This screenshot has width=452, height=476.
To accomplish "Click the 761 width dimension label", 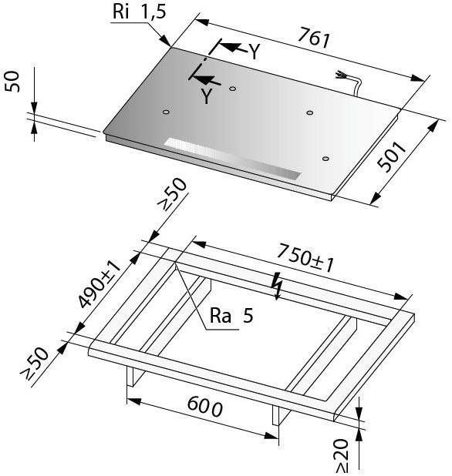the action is (314, 38).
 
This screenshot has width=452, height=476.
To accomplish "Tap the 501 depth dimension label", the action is (391, 156).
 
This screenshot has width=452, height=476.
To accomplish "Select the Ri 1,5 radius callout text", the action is (140, 12).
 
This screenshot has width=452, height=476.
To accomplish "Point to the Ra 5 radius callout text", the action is (231, 316).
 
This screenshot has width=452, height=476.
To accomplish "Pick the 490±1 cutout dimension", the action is (100, 284).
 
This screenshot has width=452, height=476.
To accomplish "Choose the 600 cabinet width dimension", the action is (205, 407).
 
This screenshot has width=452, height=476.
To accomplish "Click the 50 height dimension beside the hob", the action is (12, 82).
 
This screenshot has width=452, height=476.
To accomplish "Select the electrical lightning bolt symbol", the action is (277, 286).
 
